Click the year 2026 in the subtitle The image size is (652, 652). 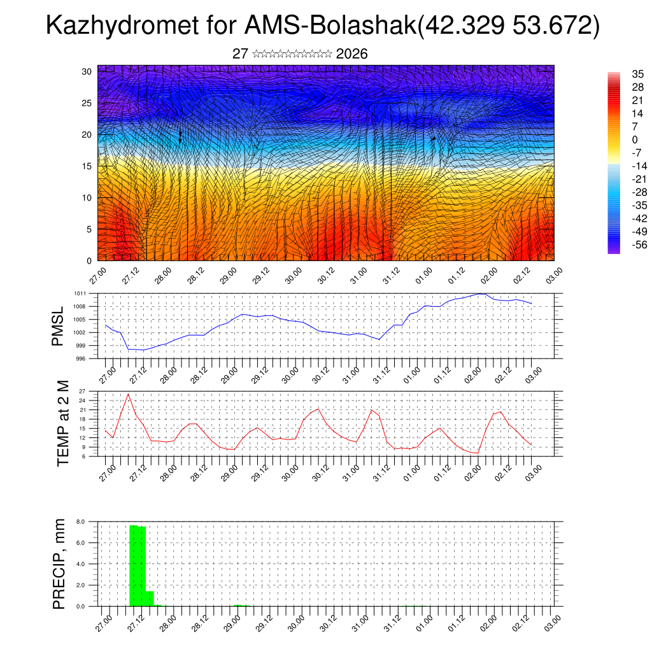(x=351, y=54)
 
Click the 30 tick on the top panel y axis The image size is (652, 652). (x=87, y=71)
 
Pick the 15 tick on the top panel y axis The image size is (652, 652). (x=87, y=166)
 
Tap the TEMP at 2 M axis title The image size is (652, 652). (x=62, y=423)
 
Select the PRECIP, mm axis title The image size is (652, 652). (x=59, y=563)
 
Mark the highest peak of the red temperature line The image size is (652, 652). (x=129, y=394)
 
